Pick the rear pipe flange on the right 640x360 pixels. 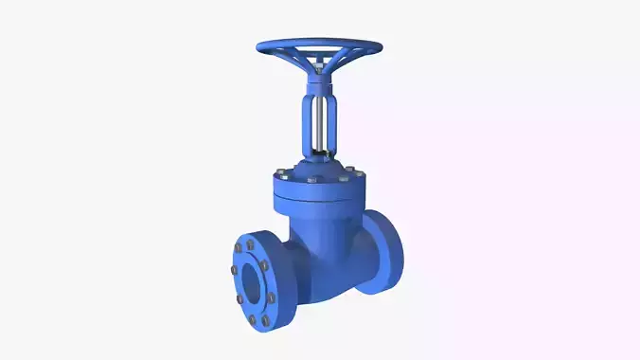[x=389, y=248]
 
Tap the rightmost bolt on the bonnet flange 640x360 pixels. [x=361, y=172]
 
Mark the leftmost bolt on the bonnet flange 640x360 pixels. [x=279, y=173]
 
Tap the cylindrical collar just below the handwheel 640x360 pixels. [x=319, y=81]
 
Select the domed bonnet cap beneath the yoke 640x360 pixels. [x=319, y=169]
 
